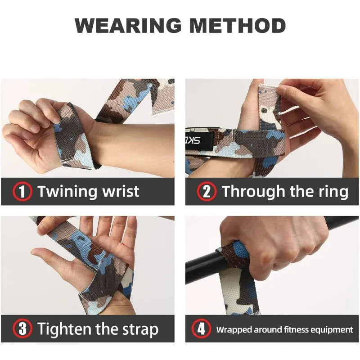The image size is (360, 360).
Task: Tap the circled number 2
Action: pos(207,192)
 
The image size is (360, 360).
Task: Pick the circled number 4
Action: pos(201,329)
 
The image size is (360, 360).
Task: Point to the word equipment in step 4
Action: pos(333,330)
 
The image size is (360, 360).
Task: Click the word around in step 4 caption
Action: pos(269,330)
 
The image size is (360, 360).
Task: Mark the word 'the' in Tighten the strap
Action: pos(106,329)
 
